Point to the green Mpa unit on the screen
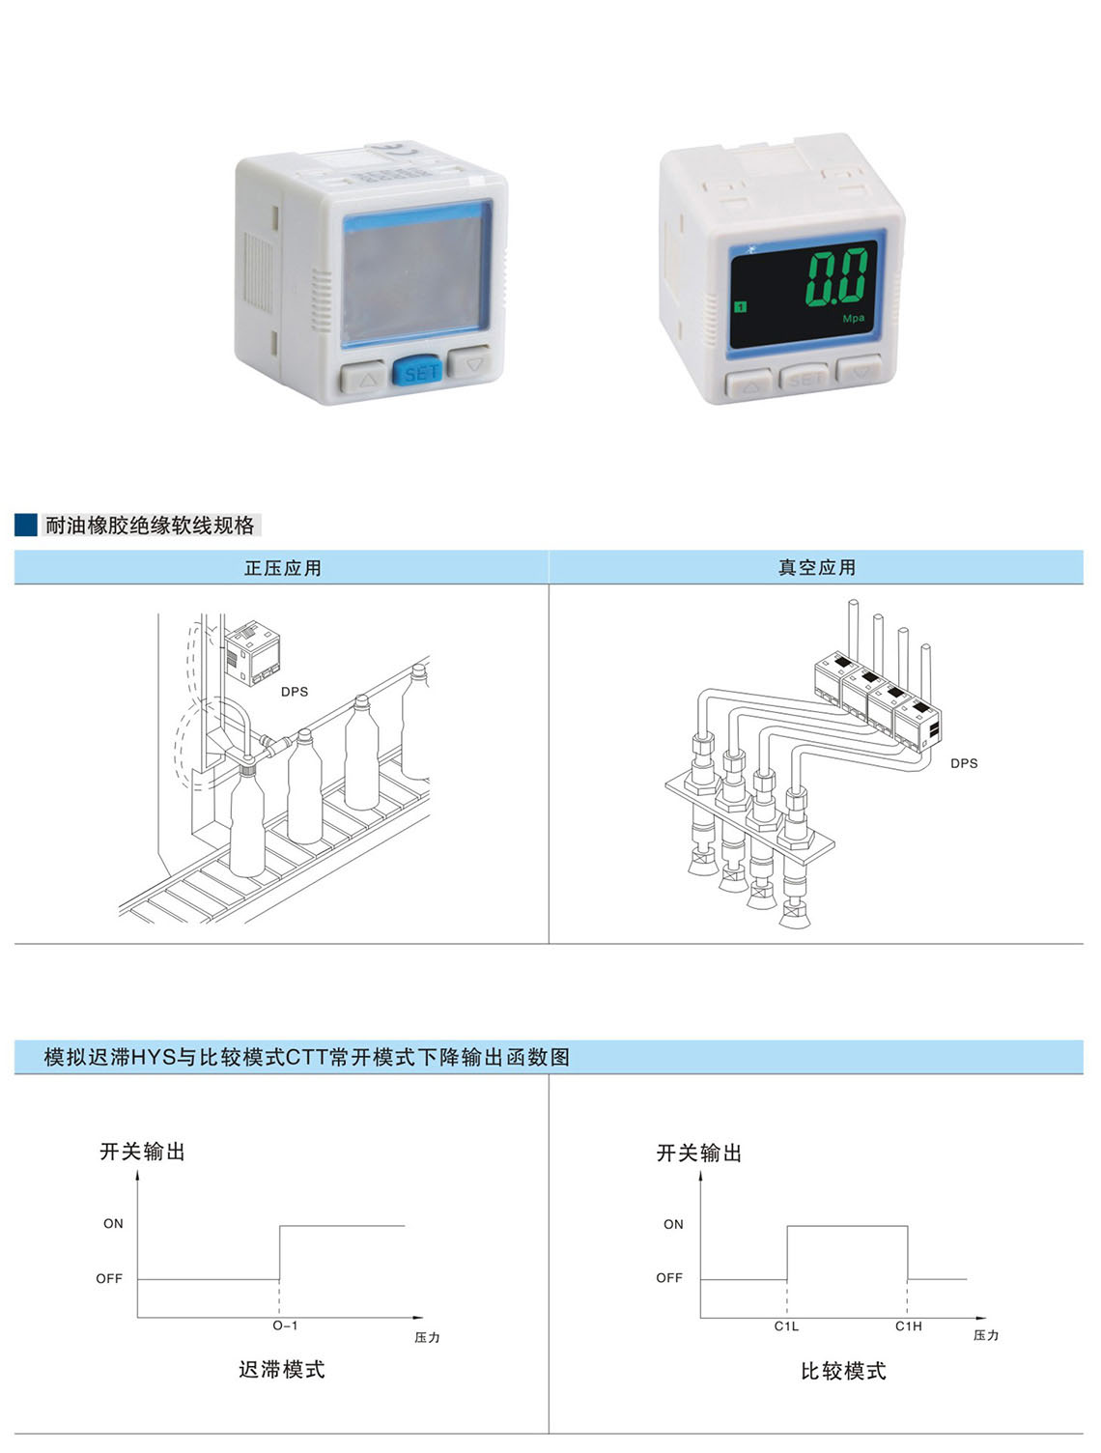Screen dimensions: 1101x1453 [853, 319]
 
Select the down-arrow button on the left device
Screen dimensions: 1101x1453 [470, 362]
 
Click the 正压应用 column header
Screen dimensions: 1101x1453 [283, 568]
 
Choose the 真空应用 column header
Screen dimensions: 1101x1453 [816, 567]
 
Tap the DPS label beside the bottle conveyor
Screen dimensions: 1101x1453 [295, 691]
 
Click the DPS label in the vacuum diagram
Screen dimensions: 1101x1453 [964, 763]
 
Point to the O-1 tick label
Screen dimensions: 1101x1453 [285, 1325]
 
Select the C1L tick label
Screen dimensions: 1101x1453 [786, 1326]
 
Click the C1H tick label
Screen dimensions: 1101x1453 [909, 1326]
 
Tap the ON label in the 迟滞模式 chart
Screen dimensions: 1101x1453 [113, 1224]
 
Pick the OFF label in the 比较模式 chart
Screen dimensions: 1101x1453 [669, 1278]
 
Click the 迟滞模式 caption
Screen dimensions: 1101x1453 [282, 1370]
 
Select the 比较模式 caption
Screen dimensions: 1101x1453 [843, 1371]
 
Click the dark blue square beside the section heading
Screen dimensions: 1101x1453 [26, 525]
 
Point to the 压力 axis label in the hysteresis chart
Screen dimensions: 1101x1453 [427, 1338]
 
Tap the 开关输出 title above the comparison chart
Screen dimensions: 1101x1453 [698, 1154]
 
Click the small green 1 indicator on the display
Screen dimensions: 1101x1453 [741, 306]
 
